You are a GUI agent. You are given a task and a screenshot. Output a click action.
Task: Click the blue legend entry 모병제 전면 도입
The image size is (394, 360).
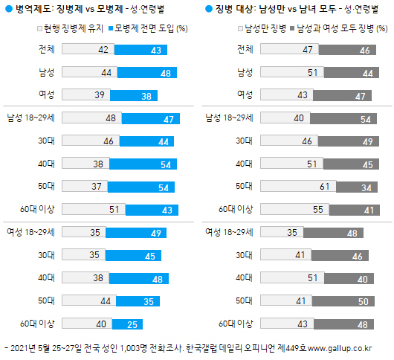click(x=149, y=28)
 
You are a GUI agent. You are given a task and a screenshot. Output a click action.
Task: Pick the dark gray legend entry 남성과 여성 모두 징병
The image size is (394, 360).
click(x=338, y=28)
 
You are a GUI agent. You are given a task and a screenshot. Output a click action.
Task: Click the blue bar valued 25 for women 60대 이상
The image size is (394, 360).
click(x=120, y=324)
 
